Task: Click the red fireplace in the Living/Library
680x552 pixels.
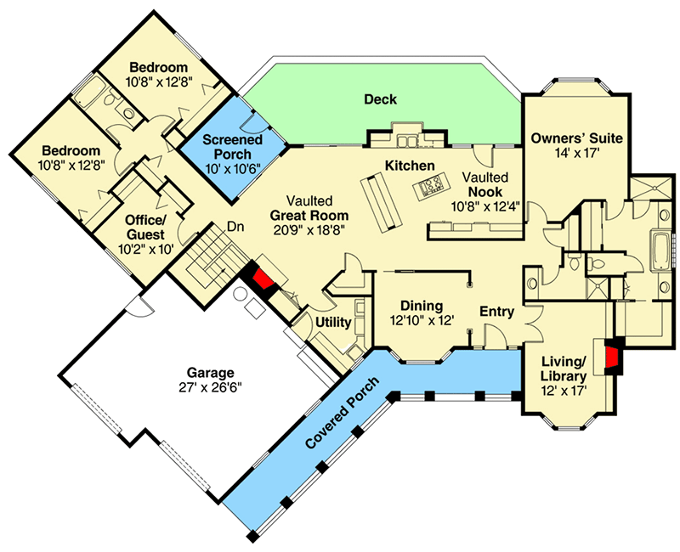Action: pos(612,357)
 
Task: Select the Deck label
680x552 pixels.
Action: pos(380,99)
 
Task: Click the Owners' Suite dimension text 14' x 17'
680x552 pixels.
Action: pos(577,154)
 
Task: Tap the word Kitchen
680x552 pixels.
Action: pos(410,165)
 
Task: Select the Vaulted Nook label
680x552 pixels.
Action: pos(485,184)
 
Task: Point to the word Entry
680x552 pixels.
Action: pos(497,312)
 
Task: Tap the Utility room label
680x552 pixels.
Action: pos(332,323)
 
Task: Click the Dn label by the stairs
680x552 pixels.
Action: pos(236,228)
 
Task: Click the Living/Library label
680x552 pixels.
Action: pos(564,370)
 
